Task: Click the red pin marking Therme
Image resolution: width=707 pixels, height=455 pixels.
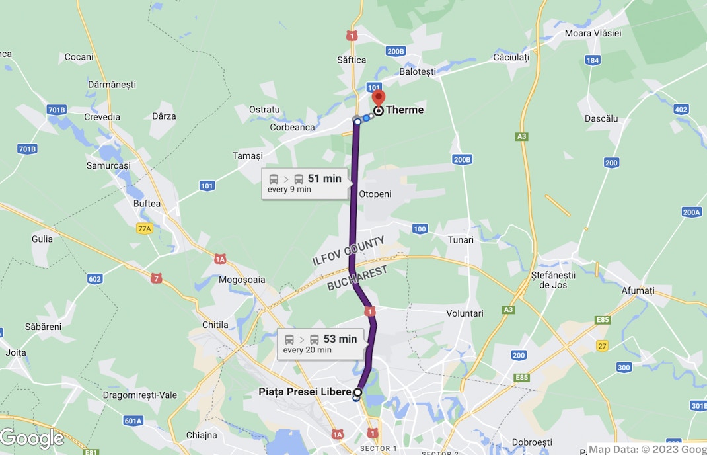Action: pos(379,97)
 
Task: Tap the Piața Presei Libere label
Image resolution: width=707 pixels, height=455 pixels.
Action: pos(305,392)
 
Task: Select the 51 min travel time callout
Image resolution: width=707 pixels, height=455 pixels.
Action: pos(305,183)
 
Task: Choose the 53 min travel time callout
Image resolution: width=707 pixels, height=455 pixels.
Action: pos(320,344)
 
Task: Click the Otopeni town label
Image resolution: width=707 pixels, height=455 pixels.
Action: pos(375,194)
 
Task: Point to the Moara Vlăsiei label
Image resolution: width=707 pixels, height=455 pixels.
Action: pos(593,33)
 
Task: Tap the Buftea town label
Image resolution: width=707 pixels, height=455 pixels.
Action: pos(147,204)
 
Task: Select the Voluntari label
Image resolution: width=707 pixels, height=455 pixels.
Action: pos(465,313)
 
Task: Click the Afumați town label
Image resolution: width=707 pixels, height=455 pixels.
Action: pos(638,290)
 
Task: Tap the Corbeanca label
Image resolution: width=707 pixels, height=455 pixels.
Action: pos(292,127)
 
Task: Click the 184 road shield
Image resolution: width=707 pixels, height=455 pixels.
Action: pos(593,60)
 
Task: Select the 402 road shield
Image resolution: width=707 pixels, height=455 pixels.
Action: pos(681,110)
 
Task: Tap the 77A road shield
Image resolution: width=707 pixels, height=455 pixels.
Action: pos(144,228)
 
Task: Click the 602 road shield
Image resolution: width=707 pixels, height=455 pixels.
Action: pos(94,279)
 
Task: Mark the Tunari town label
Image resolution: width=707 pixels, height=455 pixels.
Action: pos(461,240)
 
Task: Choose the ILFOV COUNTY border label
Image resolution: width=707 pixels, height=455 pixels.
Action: pos(348,251)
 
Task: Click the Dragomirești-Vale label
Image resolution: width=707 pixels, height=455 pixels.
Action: pos(140,395)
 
